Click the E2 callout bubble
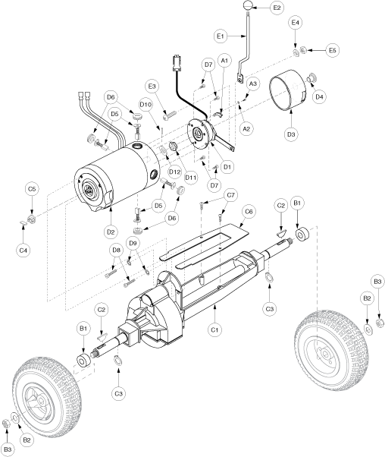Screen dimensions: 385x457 point(277,8)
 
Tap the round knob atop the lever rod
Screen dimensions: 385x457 point(247,6)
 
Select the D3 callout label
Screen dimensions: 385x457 point(291,134)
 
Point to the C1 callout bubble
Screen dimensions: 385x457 point(214,330)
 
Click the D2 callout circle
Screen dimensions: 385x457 point(111,232)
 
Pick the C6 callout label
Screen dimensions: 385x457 point(249,211)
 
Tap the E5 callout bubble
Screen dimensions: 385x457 point(333,50)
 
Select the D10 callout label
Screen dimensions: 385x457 point(146,104)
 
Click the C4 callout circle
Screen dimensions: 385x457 point(23,251)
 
